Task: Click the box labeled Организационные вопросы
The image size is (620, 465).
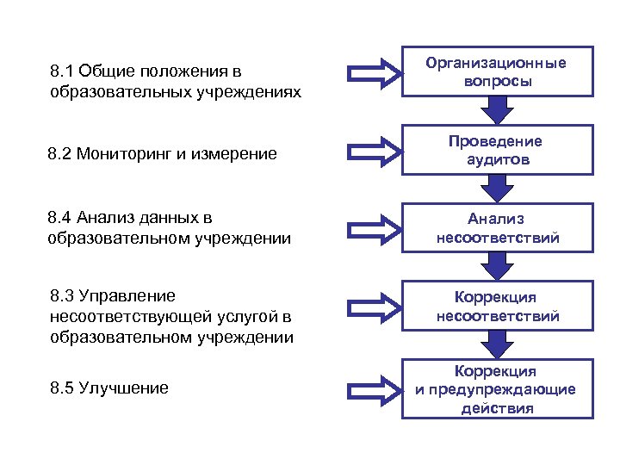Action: coord(498,72)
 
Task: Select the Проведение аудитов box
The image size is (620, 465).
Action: coord(498,150)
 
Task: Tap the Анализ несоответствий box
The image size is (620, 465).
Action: coord(498,228)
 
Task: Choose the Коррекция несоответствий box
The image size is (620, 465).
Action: coord(498,307)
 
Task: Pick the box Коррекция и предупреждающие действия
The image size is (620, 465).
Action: coord(498,389)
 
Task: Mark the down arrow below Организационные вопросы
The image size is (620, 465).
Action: coord(497,110)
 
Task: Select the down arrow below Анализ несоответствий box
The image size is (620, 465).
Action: coord(497,267)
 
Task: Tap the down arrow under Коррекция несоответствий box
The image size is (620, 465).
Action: coord(497,347)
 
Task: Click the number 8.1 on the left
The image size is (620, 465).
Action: coord(62,70)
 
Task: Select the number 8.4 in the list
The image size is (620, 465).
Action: coord(62,216)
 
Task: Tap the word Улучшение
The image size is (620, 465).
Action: coord(123,387)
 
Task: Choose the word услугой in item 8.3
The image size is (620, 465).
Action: coord(251,316)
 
